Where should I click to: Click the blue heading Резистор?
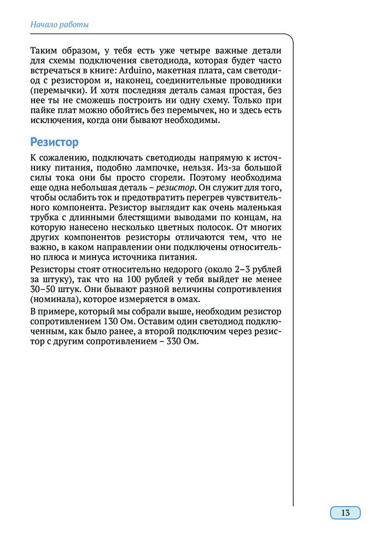pyautogui.click(x=55, y=142)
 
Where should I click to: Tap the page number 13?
pyautogui.click(x=345, y=513)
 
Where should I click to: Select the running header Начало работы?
pyautogui.click(x=60, y=25)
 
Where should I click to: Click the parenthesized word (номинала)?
pyautogui.click(x=54, y=299)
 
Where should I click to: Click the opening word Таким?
pyautogui.click(x=45, y=51)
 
